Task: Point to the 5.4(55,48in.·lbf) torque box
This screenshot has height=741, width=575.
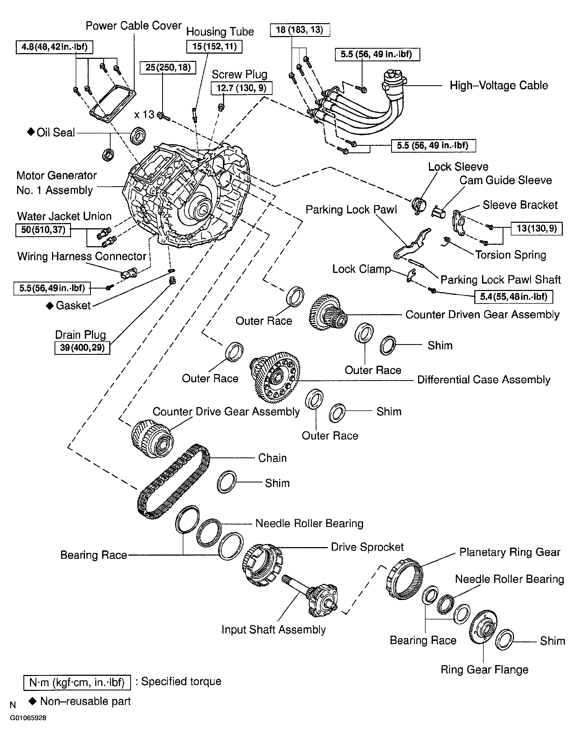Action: coord(513,297)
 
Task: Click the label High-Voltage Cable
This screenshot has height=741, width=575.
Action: coord(499,85)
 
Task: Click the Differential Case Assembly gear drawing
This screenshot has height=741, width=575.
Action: coord(275,377)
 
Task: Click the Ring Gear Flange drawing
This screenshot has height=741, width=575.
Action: coord(483,628)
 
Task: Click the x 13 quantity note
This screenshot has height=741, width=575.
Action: coord(144,115)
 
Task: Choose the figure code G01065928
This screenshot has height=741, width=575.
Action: coord(28,718)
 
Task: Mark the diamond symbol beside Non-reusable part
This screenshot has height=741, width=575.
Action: coord(32,701)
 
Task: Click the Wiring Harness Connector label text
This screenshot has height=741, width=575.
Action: coord(81,256)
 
